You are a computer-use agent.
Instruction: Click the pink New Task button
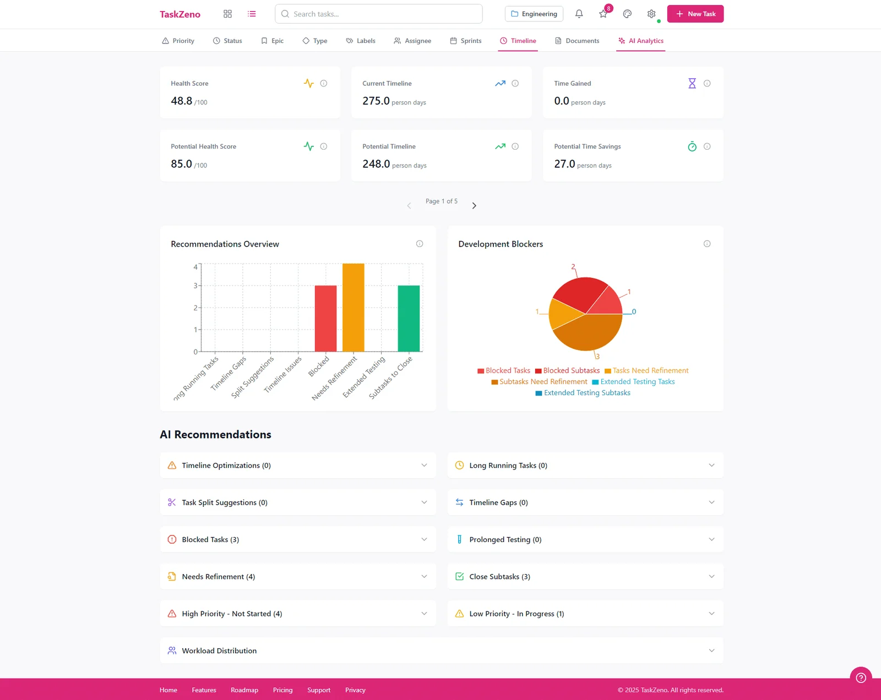[x=695, y=14]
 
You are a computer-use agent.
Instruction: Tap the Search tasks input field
[x=379, y=14]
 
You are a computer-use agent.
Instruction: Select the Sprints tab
[x=466, y=41]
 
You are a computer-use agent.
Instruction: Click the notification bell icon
[x=579, y=14]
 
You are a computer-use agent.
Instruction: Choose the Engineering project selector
[x=534, y=14]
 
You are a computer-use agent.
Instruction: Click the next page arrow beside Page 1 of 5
[x=474, y=206]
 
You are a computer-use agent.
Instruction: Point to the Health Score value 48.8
[x=182, y=101]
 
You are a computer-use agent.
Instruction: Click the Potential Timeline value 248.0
[x=376, y=164]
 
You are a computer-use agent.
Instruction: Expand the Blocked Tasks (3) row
[x=297, y=539]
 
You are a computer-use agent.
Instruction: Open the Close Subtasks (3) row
[x=585, y=577]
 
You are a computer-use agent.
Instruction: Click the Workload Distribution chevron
[x=711, y=650]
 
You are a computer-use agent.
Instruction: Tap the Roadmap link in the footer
[x=244, y=690]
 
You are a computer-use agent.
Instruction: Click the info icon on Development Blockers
[x=707, y=244]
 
